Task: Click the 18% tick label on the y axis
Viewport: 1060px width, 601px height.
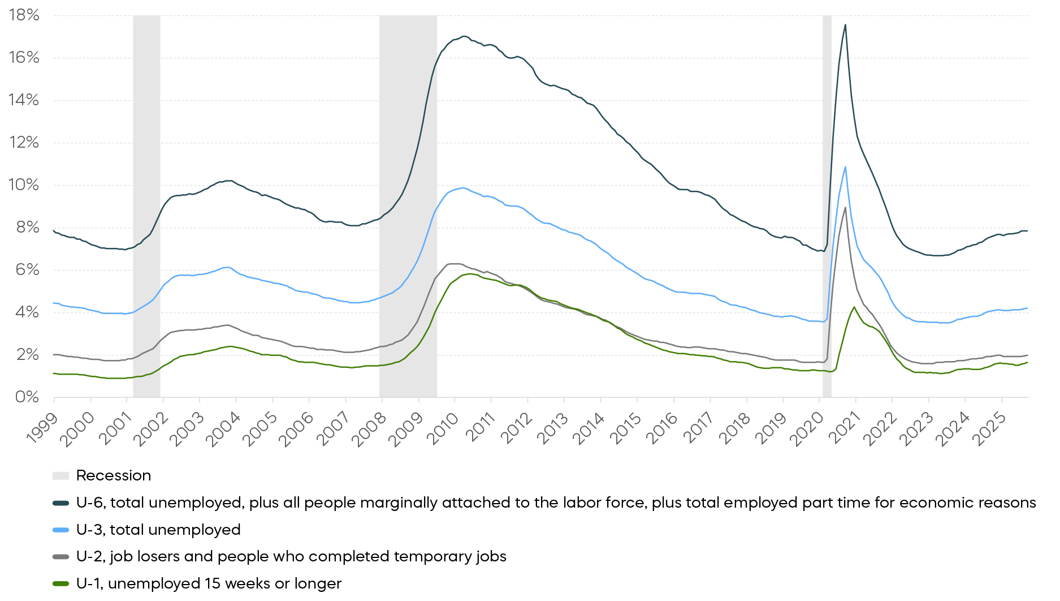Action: click(24, 15)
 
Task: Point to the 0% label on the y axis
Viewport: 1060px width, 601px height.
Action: click(27, 397)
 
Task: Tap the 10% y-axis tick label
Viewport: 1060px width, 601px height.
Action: click(24, 184)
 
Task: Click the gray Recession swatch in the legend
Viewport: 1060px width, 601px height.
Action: click(60, 476)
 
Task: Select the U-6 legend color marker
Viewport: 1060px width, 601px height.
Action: click(60, 503)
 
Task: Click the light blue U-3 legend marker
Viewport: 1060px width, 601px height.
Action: click(60, 530)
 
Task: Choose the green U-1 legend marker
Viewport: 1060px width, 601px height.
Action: click(60, 584)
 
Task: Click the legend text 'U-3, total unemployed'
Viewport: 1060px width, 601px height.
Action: click(158, 530)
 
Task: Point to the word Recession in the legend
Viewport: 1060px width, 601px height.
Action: click(114, 476)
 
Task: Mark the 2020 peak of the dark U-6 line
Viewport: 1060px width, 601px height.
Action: click(845, 24)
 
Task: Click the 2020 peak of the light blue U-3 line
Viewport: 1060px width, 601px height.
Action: click(845, 166)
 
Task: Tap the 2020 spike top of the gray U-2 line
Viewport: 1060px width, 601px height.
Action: click(845, 207)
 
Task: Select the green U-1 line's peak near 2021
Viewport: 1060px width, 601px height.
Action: click(854, 307)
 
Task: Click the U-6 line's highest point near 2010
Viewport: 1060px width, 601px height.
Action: click(464, 36)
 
